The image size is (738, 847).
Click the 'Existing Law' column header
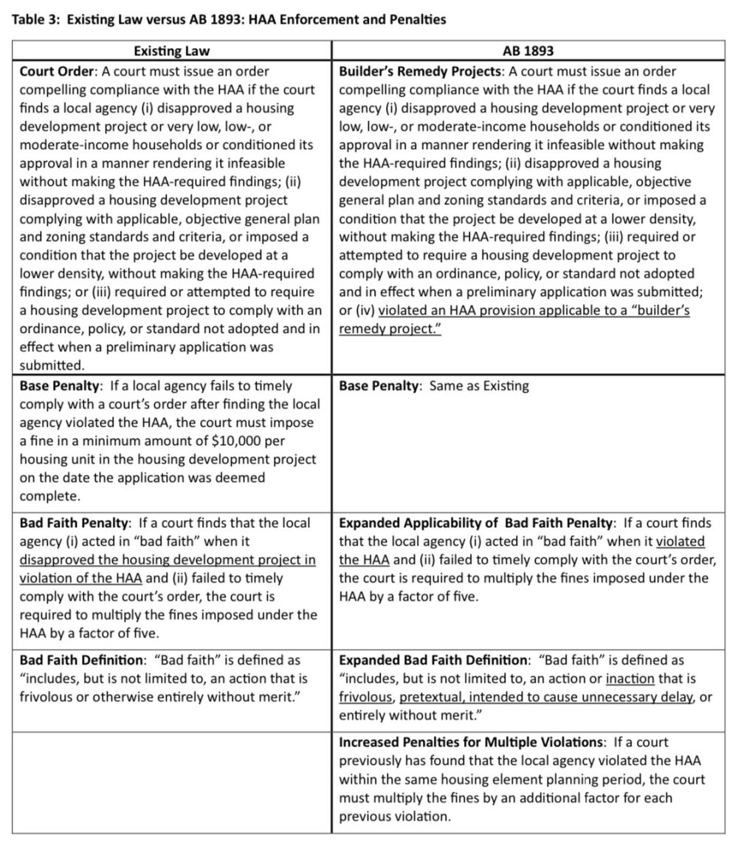[171, 52]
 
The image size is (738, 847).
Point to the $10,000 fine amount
[221, 441]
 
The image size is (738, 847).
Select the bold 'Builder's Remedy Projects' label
[421, 72]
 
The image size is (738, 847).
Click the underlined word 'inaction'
[629, 678]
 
